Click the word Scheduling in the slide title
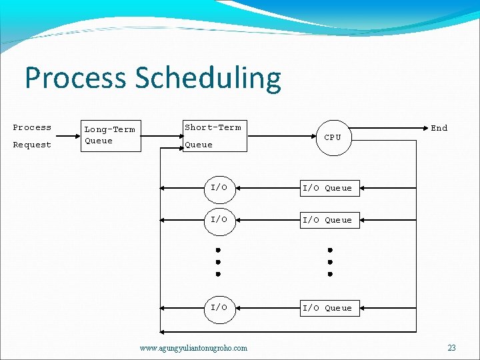coord(208,78)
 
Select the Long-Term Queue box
coord(110,135)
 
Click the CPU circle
coord(333,137)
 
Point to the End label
coord(439,128)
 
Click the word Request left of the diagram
coord(32,145)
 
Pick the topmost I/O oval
coord(219,188)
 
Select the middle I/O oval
coord(219,219)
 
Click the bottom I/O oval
coord(219,307)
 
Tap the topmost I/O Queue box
coord(327,188)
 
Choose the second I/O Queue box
coord(327,220)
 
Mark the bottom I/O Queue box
coord(327,308)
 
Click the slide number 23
coord(451,347)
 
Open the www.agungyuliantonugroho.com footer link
coord(193,347)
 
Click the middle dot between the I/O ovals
coord(218,262)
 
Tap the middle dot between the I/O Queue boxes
coord(329,262)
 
